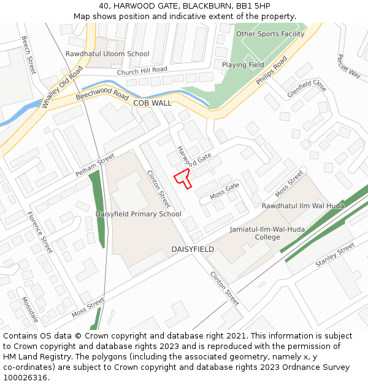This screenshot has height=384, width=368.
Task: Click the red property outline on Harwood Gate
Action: (183, 177)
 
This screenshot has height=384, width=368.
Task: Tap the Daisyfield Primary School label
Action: (138, 214)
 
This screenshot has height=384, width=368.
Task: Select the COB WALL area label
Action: (152, 103)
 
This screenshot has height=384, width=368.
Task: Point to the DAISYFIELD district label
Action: (193, 249)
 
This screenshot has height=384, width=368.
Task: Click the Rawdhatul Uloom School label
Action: (107, 54)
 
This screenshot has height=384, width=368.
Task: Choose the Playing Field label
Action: (243, 65)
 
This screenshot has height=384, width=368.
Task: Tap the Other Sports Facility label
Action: (270, 34)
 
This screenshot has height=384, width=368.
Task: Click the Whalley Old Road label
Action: (62, 87)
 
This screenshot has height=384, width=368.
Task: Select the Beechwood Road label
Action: (102, 96)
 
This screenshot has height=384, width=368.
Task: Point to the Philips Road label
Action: (272, 71)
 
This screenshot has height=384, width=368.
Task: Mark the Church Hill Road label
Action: (142, 71)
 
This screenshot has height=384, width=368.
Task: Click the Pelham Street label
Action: (95, 165)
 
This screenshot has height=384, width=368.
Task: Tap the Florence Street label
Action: (40, 233)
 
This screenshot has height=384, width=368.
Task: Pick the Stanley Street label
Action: (335, 255)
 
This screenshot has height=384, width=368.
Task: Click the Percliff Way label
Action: (348, 66)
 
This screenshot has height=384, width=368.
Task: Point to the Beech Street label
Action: (29, 55)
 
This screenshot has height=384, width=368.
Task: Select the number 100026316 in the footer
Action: (25, 377)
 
